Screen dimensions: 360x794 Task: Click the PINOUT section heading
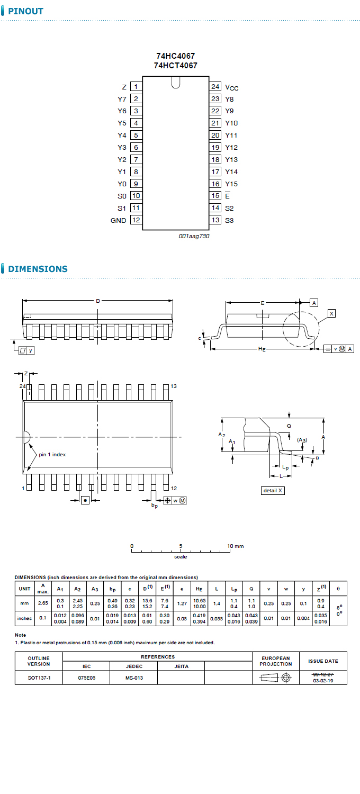point(25,11)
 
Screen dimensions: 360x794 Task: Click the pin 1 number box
point(136,87)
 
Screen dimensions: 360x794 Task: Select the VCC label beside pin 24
point(231,87)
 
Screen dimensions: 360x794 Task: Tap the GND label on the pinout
point(119,221)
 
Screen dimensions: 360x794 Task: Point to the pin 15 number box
point(215,196)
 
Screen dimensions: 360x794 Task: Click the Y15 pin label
point(231,184)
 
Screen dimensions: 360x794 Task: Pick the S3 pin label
point(229,221)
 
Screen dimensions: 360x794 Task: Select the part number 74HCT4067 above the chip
point(176,66)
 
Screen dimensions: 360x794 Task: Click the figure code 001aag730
point(194,236)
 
